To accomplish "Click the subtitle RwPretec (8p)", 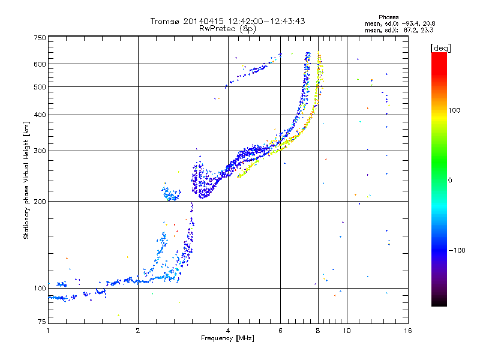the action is (x=227, y=29).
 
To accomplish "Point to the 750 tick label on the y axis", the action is (x=40, y=38).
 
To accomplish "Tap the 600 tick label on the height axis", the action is (x=40, y=64).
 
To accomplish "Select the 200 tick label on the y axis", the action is (x=40, y=202).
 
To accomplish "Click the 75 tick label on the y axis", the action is (x=41, y=322).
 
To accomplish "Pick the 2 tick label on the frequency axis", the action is (x=138, y=331).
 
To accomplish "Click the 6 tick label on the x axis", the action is (x=280, y=331).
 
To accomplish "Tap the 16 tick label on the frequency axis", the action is (x=408, y=331).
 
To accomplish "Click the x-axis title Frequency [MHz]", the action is (x=227, y=338).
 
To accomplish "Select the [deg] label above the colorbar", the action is (x=441, y=48).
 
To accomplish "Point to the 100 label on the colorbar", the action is (x=454, y=110).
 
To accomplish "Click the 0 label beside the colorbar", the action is (x=450, y=181).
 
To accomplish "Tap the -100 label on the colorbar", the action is (x=457, y=250).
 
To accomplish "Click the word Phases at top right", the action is (x=388, y=17).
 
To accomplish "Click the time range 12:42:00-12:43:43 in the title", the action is (x=266, y=21).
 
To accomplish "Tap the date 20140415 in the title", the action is (x=203, y=21).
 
